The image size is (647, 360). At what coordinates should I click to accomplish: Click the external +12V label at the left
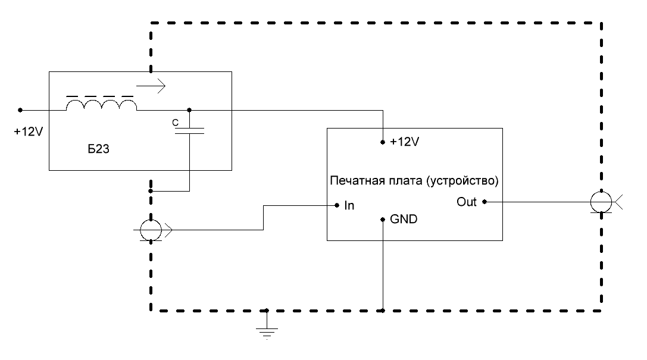28,132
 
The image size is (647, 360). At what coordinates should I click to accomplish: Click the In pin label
349,205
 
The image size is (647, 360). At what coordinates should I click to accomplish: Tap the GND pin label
404,219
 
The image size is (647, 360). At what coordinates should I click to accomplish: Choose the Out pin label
467,202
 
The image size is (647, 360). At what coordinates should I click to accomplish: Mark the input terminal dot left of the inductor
20,110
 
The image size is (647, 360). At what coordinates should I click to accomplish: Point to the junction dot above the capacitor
189,110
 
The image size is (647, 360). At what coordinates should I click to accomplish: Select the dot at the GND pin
383,218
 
